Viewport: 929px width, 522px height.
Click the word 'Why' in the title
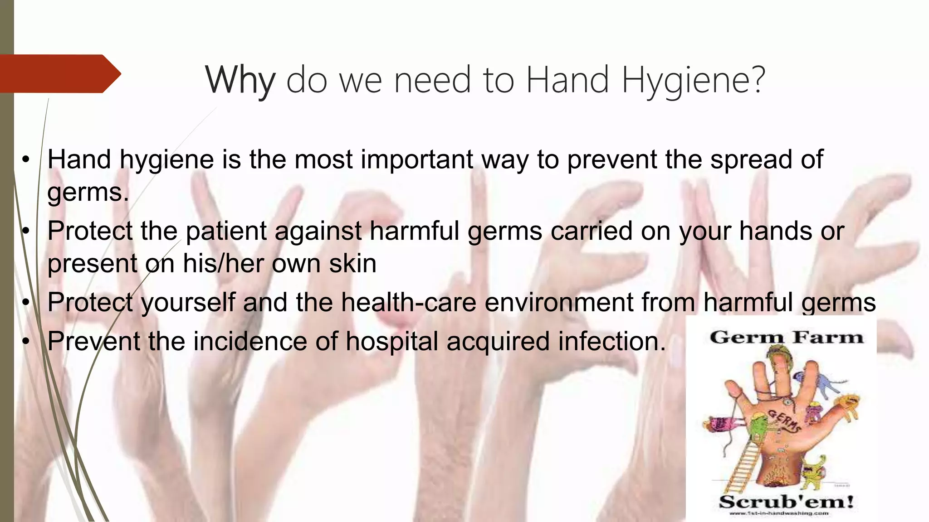coord(240,80)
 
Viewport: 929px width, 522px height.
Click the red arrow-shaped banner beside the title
coord(59,73)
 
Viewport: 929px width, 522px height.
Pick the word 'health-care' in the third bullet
coord(408,302)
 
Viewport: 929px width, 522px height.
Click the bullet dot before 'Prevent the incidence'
coord(26,341)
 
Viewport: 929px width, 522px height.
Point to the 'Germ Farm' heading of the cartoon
coord(786,338)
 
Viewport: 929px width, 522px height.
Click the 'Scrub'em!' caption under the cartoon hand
coord(786,502)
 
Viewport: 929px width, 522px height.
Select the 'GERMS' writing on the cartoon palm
coord(783,420)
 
